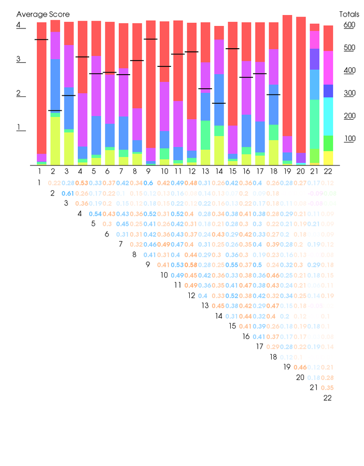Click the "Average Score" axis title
pyautogui.click(x=43, y=15)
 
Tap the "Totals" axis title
pyautogui.click(x=349, y=15)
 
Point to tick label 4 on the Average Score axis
pyautogui.click(x=19, y=25)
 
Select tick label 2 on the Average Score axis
pyautogui.click(x=19, y=93)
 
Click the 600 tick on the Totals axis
pyautogui.click(x=349, y=25)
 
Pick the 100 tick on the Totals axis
pyautogui.click(x=349, y=138)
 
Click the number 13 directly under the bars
pyautogui.click(x=205, y=171)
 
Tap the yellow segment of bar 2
pyautogui.click(x=55, y=140)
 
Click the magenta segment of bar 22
pyautogui.click(x=328, y=67)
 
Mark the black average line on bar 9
pyautogui.click(x=151, y=39)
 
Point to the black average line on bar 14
pyautogui.click(x=219, y=103)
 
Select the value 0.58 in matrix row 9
pyautogui.click(x=192, y=265)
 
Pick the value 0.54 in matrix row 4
pyautogui.click(x=95, y=214)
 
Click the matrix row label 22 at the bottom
pyautogui.click(x=328, y=398)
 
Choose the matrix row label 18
pyautogui.click(x=273, y=357)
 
